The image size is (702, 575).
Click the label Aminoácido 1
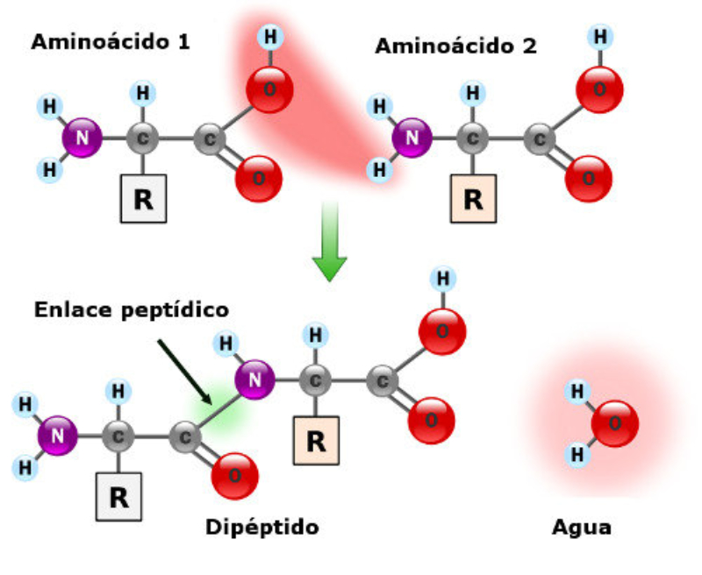111,41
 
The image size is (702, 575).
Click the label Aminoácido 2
455,46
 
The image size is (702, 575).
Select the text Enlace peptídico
132,309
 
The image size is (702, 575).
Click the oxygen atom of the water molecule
614,424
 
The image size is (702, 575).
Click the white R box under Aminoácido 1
143,197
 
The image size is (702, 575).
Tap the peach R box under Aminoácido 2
473,197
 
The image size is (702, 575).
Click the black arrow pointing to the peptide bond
183,372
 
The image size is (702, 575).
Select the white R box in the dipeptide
118,496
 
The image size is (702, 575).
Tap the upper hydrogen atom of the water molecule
577,392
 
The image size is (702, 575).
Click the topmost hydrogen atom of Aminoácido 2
601,37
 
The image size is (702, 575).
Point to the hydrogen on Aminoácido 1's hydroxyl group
270,37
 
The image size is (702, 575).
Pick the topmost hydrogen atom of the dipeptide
443,279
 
